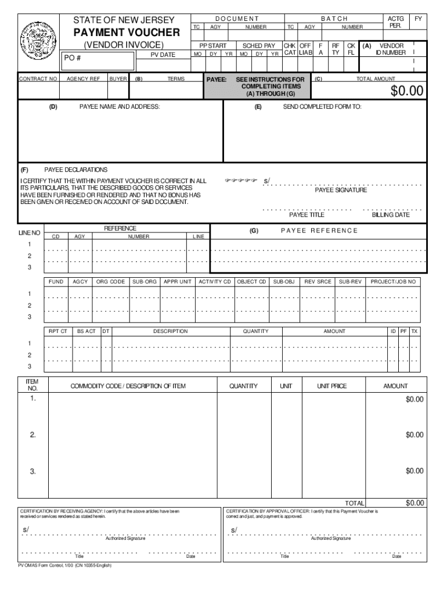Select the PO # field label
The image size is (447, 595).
73,58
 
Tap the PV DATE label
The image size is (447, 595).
163,55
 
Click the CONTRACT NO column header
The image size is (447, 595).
38,78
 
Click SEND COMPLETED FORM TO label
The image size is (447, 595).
322,107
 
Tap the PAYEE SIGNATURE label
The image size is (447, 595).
341,190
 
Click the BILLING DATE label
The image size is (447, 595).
390,214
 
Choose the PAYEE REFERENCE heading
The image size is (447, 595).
319,231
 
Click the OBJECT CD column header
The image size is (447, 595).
252,282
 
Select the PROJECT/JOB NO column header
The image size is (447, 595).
393,282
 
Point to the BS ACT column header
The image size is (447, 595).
86,331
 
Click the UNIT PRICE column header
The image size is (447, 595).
331,386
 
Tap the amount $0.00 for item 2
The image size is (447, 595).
414,435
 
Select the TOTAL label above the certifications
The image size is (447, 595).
355,503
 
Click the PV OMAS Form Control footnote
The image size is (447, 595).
64,565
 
